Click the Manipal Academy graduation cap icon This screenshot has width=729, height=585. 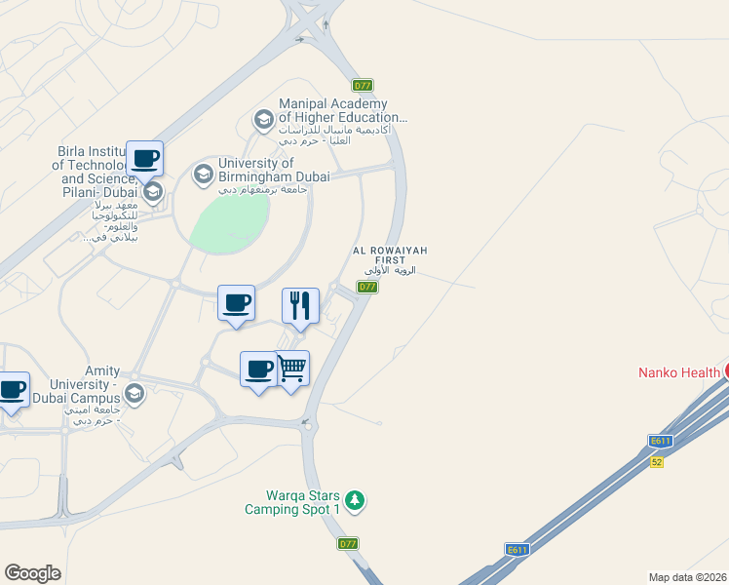click(263, 120)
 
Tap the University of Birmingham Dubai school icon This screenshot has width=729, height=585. click(203, 174)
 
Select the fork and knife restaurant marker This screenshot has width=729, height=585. click(300, 305)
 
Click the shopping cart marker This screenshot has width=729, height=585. click(291, 369)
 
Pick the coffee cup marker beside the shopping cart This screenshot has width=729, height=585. click(258, 369)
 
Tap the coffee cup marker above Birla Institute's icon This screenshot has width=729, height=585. click(144, 158)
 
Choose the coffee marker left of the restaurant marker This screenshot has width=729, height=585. click(236, 302)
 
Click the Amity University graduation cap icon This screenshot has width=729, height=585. click(134, 393)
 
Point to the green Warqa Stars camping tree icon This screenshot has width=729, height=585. click(357, 500)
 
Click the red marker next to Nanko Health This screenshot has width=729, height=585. click(725, 370)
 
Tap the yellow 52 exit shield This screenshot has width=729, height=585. click(657, 461)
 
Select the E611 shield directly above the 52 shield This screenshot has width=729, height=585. click(660, 442)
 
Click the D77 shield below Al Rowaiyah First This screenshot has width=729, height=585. click(367, 287)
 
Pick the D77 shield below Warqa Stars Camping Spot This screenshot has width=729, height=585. click(348, 543)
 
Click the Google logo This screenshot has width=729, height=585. click(33, 573)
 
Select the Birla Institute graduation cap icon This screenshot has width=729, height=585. click(154, 190)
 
